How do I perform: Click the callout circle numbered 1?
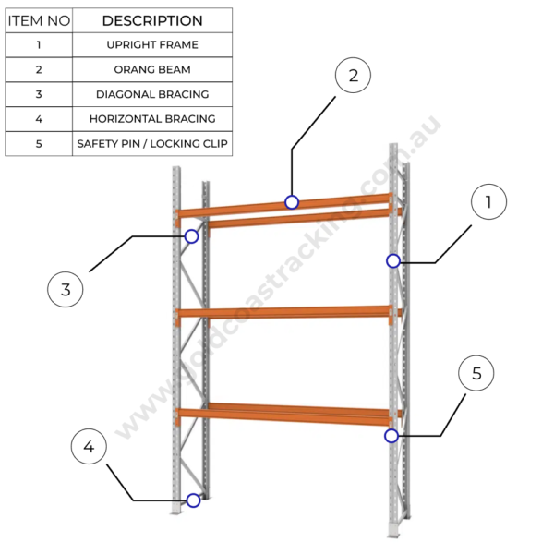(488, 202)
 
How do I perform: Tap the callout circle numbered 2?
(353, 76)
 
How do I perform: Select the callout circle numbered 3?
(66, 289)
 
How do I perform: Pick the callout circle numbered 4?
(89, 448)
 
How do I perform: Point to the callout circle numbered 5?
(476, 374)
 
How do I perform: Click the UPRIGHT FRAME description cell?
(152, 44)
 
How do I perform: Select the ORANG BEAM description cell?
(152, 69)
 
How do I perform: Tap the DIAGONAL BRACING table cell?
(152, 94)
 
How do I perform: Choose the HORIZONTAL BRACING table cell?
(152, 119)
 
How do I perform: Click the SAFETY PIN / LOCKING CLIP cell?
(152, 144)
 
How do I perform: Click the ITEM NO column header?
(39, 20)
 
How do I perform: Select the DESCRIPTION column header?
(152, 20)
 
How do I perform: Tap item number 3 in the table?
(39, 94)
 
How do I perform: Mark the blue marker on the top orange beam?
(292, 202)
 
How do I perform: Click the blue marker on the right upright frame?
(393, 261)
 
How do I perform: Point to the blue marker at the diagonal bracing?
(191, 236)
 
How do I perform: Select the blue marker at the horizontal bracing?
(193, 500)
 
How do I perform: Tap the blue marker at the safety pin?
(391, 435)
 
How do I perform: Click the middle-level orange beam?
(286, 312)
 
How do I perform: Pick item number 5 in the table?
(39, 144)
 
